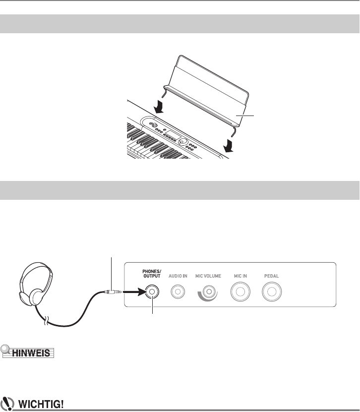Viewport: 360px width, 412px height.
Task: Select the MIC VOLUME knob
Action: pyautogui.click(x=209, y=293)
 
